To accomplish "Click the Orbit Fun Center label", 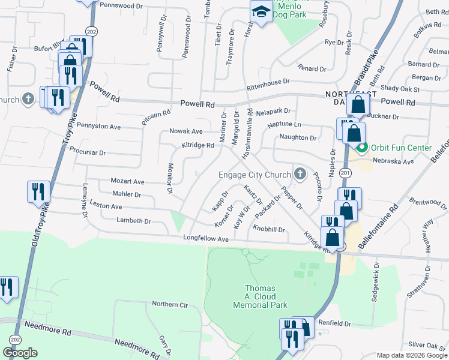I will (x=400, y=148).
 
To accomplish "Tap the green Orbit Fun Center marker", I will (x=361, y=148).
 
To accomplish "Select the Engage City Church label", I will (x=255, y=175).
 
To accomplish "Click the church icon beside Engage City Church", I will (x=300, y=175).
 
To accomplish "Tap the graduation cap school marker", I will (x=261, y=12).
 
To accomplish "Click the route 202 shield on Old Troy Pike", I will (x=91, y=31).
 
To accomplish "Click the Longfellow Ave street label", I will (x=206, y=239).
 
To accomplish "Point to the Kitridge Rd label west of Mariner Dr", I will (x=197, y=145).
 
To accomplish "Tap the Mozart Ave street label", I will (x=128, y=181).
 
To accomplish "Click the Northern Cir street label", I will (x=170, y=304).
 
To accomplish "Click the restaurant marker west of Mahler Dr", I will (x=38, y=191).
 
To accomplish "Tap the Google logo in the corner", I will (x=20, y=352).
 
